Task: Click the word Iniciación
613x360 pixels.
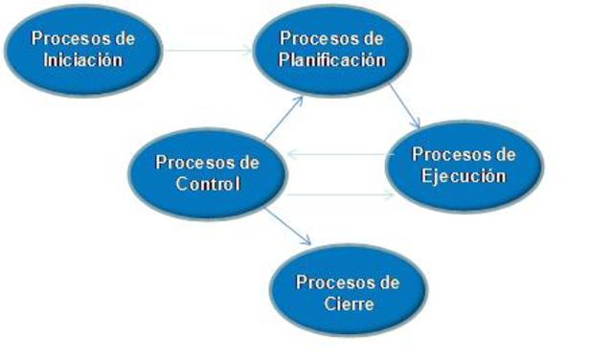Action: coord(83,59)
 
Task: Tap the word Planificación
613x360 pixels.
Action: coord(332,59)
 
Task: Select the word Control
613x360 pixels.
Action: coord(208,184)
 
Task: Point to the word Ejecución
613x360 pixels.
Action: coord(464,176)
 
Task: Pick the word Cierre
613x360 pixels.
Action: coord(349,304)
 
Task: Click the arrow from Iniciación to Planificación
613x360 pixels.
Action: coord(209,50)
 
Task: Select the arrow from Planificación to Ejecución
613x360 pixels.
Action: coord(404,106)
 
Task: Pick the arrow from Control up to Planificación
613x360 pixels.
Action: coord(284,118)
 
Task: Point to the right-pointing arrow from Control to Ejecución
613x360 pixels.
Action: coord(340,194)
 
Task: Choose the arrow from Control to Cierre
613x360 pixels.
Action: coord(287,227)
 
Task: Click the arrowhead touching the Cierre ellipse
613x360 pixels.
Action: coord(306,240)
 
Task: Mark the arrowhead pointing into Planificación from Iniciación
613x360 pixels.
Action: coord(249,50)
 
